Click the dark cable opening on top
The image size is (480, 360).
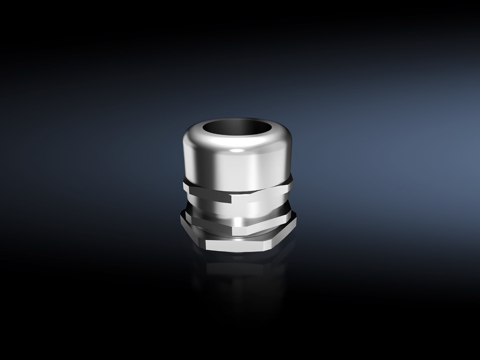point(238,131)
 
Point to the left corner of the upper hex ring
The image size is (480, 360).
point(183,185)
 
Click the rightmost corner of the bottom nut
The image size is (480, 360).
point(296,221)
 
